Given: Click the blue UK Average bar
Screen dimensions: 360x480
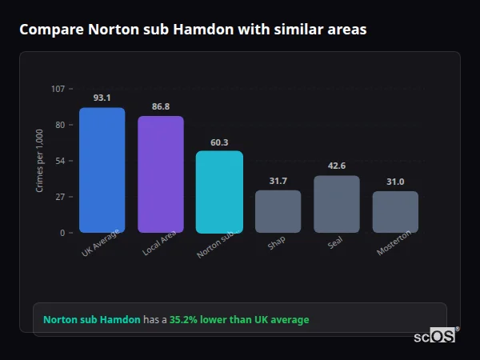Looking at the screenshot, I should point(102,170).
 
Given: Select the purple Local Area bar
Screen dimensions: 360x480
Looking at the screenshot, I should point(161,174).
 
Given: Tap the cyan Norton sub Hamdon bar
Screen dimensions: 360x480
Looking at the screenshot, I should point(219,192).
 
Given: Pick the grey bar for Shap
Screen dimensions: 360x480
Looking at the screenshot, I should point(278,211).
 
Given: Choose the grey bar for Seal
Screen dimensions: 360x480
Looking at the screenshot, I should point(337,204).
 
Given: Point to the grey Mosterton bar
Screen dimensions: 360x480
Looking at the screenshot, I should point(395,212).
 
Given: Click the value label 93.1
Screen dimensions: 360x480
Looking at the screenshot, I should point(102,98).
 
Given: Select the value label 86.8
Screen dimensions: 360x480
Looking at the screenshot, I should point(161,106).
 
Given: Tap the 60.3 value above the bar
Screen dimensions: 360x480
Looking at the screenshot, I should point(219,142).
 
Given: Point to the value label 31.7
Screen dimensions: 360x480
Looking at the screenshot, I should point(278,181).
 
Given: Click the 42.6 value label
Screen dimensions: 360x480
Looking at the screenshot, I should point(337,166).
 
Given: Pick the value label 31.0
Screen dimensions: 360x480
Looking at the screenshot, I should point(395,182).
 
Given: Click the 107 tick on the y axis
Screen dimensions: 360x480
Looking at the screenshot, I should point(58,89).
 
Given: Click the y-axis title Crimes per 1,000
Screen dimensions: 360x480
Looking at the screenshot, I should point(39,161).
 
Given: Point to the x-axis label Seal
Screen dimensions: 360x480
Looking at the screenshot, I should point(335,242).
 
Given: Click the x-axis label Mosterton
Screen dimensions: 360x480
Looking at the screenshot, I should point(394,243).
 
